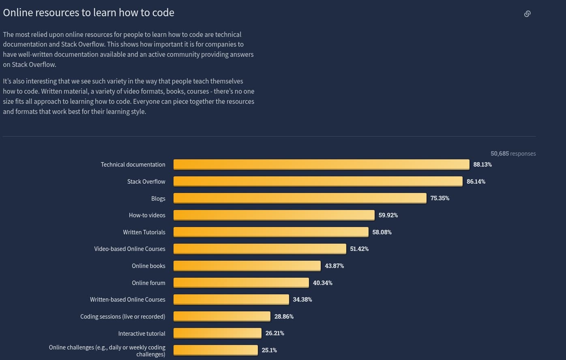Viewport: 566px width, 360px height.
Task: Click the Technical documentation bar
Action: [x=321, y=164]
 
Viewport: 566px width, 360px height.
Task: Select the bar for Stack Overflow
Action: [x=318, y=181]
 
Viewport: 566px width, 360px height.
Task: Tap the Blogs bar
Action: [x=300, y=198]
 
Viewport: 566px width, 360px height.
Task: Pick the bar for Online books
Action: [x=247, y=266]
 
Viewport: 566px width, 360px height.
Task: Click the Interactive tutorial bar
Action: [x=217, y=333]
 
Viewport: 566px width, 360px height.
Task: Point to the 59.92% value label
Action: [x=388, y=215]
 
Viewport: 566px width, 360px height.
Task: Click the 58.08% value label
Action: [x=382, y=232]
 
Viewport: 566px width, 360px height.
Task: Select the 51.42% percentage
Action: [x=359, y=249]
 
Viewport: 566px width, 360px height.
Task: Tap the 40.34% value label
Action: [x=322, y=283]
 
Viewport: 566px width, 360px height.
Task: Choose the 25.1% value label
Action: [x=269, y=350]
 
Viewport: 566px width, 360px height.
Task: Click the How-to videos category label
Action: [x=147, y=215]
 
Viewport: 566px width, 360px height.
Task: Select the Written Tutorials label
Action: [x=144, y=232]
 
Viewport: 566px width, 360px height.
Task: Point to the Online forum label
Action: [x=148, y=283]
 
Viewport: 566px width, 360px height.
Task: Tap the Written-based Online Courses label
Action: [x=128, y=300]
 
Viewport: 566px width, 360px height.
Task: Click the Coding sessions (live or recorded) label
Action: [x=123, y=317]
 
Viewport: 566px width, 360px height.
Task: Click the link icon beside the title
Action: [x=527, y=14]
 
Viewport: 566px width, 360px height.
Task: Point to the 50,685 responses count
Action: [x=513, y=154]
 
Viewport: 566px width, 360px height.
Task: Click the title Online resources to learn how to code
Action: [x=88, y=13]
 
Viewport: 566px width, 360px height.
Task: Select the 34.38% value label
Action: [x=302, y=300]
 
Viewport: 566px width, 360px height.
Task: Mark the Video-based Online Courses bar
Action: [x=260, y=249]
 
